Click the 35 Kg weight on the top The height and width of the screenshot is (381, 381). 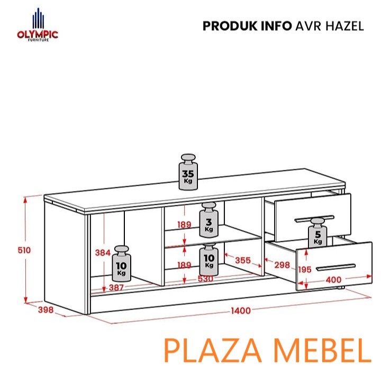click(188, 171)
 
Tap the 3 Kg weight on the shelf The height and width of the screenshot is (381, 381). click(208, 220)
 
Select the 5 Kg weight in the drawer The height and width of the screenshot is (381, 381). click(317, 233)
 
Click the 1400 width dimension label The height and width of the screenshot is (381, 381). click(241, 311)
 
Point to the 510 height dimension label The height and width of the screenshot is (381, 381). click(24, 250)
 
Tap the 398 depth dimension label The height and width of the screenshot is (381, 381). click(46, 310)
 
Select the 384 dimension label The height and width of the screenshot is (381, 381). click(103, 253)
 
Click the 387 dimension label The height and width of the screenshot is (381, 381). click(116, 288)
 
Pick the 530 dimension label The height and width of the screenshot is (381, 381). click(205, 279)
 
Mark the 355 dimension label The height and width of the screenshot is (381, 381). click(243, 260)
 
